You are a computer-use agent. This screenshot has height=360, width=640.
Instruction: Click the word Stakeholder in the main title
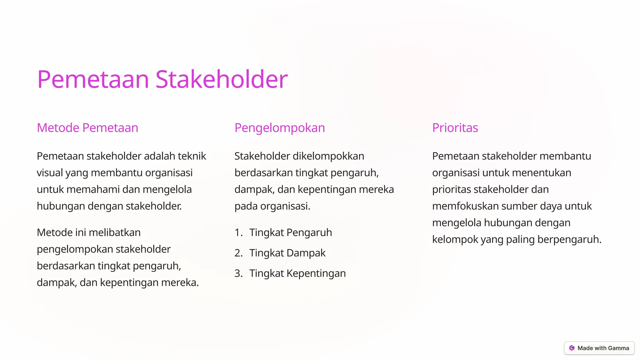coord(221,79)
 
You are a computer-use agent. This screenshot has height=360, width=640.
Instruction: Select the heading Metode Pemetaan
coord(87,128)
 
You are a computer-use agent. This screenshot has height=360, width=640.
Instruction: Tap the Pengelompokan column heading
coord(280,128)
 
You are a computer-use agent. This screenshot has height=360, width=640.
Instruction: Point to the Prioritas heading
coord(455,128)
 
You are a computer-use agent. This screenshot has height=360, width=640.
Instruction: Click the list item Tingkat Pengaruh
coord(290,232)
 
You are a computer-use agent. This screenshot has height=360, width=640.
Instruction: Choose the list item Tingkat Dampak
coord(287,253)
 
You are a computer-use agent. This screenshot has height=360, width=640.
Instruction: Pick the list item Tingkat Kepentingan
coord(297,273)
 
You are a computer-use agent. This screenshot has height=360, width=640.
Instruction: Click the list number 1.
coord(238,232)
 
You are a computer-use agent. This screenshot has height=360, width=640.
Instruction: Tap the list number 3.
coord(238,273)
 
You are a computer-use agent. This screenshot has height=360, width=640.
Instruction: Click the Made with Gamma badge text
coord(603,348)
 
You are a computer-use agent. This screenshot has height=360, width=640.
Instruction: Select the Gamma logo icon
coord(572,348)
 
